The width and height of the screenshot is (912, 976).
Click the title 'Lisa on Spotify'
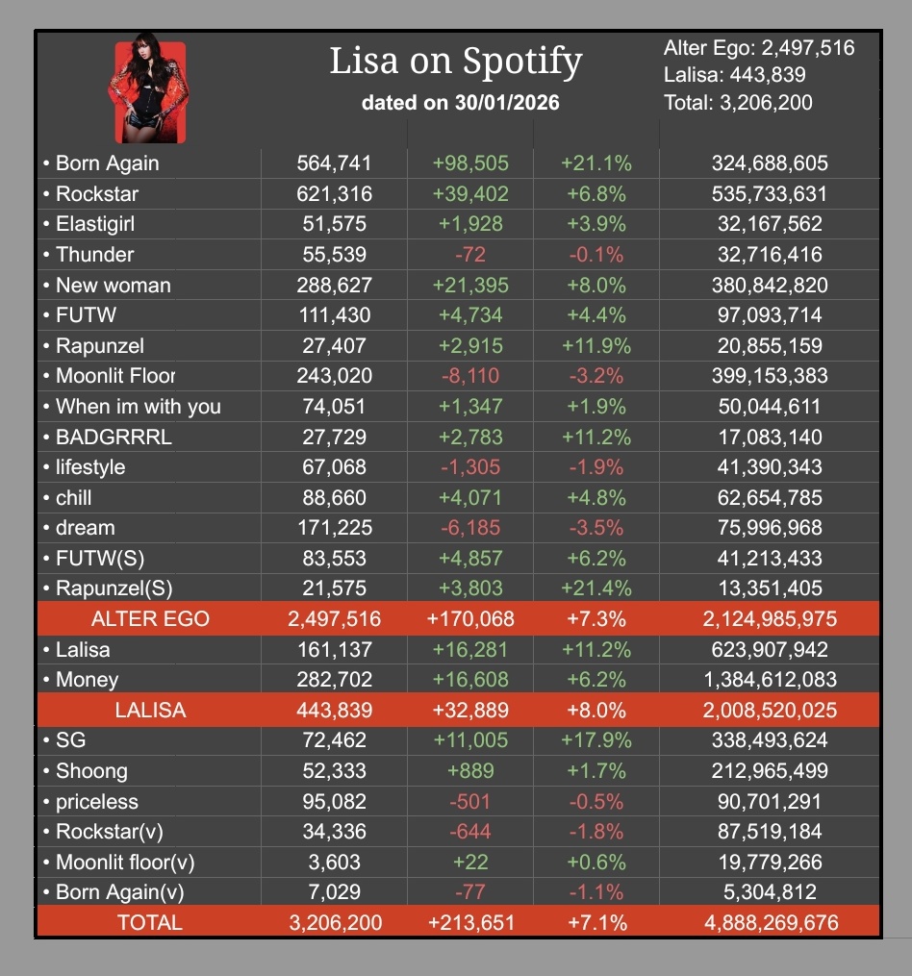click(x=455, y=62)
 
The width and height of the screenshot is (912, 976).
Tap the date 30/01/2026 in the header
click(x=460, y=103)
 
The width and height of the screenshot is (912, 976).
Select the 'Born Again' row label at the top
click(x=107, y=163)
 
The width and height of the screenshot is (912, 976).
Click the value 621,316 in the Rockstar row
click(x=334, y=194)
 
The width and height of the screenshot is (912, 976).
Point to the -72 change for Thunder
click(x=470, y=255)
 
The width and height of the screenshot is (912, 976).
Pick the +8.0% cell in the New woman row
click(x=595, y=286)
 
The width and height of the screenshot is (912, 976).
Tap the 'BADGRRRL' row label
click(x=114, y=438)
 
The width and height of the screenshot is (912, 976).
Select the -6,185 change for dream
click(x=470, y=529)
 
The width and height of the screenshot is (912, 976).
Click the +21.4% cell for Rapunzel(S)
click(x=595, y=588)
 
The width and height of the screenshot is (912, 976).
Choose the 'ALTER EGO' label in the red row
click(x=150, y=618)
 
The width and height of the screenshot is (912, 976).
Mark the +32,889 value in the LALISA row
click(x=470, y=711)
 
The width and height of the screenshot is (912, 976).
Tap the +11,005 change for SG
click(x=470, y=741)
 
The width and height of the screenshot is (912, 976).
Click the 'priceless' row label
click(x=96, y=802)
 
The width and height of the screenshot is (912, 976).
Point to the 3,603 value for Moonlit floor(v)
click(x=334, y=863)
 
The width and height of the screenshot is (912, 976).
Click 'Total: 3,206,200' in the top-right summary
click(x=738, y=102)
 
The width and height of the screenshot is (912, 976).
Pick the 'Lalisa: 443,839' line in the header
click(x=734, y=75)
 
